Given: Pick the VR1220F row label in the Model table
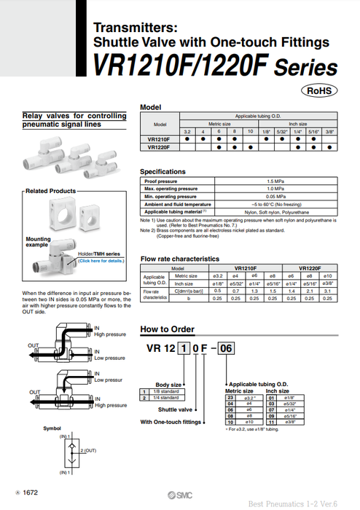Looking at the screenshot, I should click(x=159, y=146).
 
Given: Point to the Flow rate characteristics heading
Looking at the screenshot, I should click(x=179, y=259).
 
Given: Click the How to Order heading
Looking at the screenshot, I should click(x=167, y=329).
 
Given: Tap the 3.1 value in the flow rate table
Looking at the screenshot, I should click(x=328, y=291).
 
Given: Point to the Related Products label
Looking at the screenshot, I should click(x=50, y=192).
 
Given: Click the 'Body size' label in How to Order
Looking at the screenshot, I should click(x=168, y=384).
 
